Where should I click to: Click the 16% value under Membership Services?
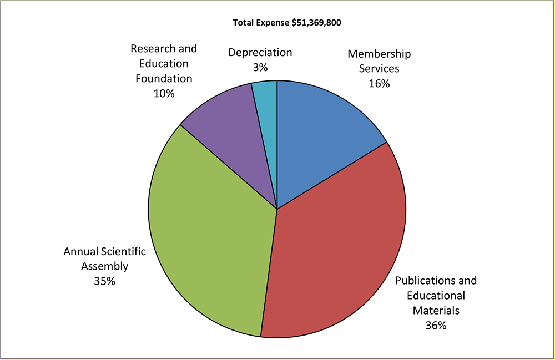point(379,84)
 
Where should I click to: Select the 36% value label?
point(436,326)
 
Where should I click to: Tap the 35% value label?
point(104,281)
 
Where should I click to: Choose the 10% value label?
point(164,94)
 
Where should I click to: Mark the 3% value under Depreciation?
point(260,68)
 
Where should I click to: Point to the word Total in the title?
point(243,23)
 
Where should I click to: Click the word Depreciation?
point(260,53)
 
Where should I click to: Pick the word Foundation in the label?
point(164,79)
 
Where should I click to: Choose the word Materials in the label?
point(436,311)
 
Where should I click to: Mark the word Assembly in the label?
point(104,266)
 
